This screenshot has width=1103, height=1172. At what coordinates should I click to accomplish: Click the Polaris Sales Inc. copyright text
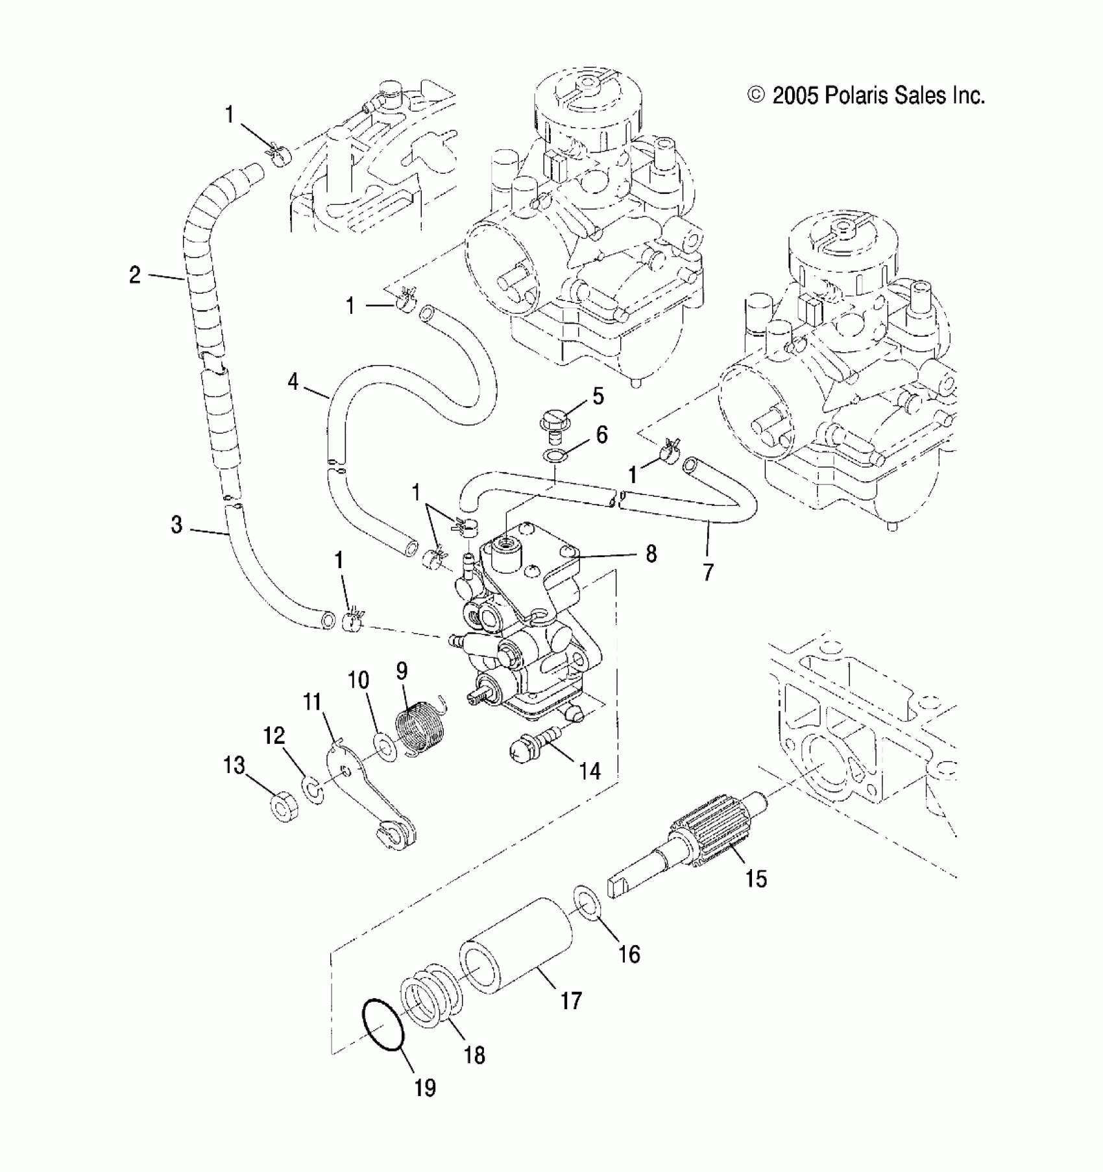tap(867, 96)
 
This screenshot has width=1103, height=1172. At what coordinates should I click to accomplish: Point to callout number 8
tap(651, 554)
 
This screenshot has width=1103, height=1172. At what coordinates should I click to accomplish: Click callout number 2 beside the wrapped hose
tap(134, 275)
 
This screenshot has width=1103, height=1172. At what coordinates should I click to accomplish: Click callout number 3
tap(176, 524)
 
